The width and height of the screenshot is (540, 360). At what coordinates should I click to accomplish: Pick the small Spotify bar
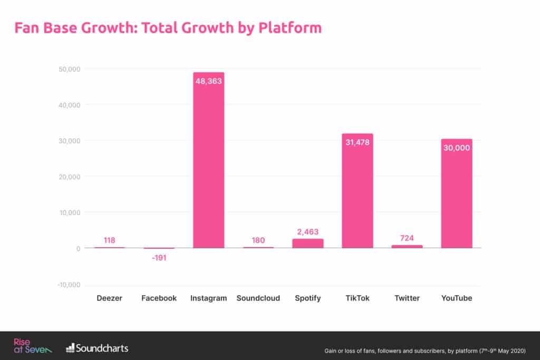[x=308, y=243]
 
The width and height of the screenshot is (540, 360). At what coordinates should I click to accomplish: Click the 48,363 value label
[x=209, y=82]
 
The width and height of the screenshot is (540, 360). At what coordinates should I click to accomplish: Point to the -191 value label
[x=159, y=257]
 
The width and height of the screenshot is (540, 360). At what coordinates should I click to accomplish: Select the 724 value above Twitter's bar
[x=407, y=238]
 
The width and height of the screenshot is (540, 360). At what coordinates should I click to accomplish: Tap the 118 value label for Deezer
[x=110, y=240]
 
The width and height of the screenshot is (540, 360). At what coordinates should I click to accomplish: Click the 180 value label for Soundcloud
[x=258, y=240]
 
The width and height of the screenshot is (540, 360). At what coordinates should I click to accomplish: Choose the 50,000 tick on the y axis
[x=69, y=69]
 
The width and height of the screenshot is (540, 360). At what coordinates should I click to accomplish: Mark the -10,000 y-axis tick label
[x=67, y=285]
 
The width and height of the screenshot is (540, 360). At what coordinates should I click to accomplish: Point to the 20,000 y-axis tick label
[x=69, y=177]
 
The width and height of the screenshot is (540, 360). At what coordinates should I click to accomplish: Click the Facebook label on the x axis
[x=159, y=298]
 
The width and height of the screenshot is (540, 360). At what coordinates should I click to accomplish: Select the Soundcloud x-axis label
[x=258, y=298]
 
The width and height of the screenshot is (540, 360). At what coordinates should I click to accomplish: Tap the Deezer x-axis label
[x=110, y=298]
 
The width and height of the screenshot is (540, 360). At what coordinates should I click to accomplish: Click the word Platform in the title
[x=290, y=27]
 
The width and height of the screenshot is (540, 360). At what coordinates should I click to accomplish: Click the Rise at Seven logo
[x=32, y=346]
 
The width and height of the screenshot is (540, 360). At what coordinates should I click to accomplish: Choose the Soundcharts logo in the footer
[x=97, y=348]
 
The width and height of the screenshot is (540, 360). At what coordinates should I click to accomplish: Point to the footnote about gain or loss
[x=425, y=351]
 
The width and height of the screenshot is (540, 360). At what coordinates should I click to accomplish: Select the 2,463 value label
[x=308, y=232]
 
